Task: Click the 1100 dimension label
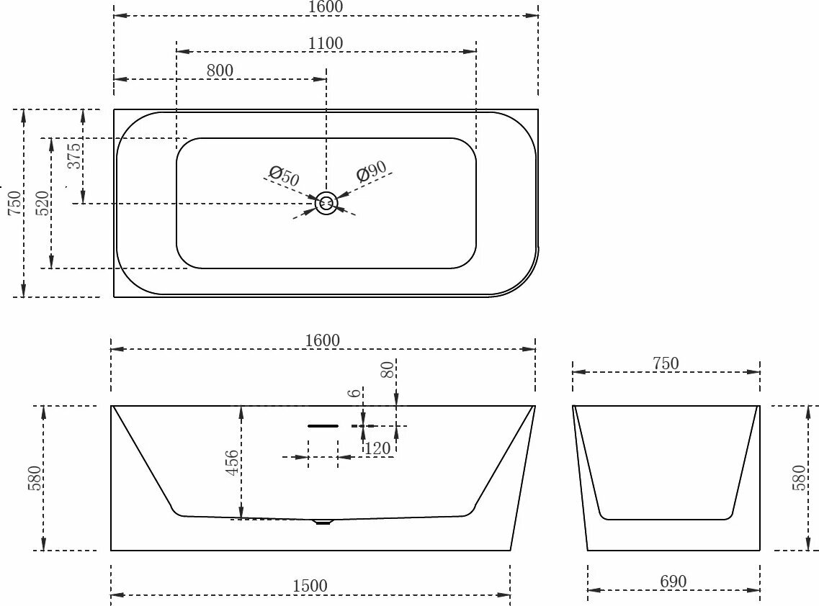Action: (x=326, y=43)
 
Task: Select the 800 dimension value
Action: (x=220, y=71)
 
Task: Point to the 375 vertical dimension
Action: (x=74, y=155)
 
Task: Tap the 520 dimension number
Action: (x=42, y=204)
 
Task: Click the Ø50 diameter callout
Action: (x=284, y=175)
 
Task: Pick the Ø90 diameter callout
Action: (x=371, y=172)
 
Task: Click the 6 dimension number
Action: (x=353, y=393)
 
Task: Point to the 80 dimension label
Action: (x=388, y=370)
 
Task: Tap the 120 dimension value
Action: (x=377, y=448)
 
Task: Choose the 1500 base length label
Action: (x=310, y=586)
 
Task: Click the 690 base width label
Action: (x=673, y=582)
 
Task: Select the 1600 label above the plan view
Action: (x=326, y=6)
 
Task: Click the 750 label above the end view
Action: (x=666, y=363)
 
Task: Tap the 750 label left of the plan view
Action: (x=14, y=204)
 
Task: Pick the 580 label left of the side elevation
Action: (x=34, y=479)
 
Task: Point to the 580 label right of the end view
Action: (x=799, y=478)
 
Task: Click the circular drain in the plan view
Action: (x=326, y=204)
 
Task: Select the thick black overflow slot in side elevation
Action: (x=323, y=426)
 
